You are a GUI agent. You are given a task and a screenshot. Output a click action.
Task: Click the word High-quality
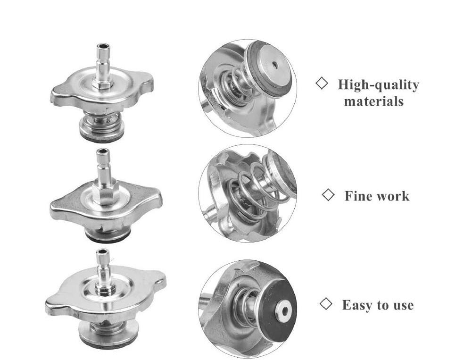click(x=378, y=85)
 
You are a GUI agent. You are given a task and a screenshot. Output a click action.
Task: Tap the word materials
click(x=374, y=101)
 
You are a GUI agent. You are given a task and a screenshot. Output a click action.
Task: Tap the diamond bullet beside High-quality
click(x=322, y=83)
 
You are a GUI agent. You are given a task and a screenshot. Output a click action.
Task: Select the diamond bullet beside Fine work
click(x=328, y=195)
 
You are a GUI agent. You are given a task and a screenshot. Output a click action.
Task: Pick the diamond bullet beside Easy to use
click(x=325, y=304)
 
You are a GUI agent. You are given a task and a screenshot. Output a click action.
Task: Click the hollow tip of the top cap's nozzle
click(x=103, y=47)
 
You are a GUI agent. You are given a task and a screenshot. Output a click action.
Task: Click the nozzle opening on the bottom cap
click(x=103, y=251)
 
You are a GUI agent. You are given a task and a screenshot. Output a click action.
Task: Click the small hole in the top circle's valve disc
click(x=274, y=65)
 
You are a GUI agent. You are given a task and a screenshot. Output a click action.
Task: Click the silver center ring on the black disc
click(x=283, y=310)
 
